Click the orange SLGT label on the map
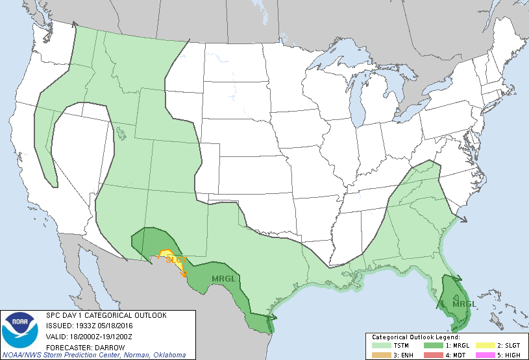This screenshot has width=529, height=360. pyautogui.click(x=177, y=260)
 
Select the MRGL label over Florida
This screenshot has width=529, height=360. pyautogui.click(x=464, y=303)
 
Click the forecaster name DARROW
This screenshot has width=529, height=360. pyautogui.click(x=103, y=345)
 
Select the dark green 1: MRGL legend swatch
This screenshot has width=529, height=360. pyautogui.click(x=433, y=345)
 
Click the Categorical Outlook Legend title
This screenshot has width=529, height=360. pyautogui.click(x=415, y=337)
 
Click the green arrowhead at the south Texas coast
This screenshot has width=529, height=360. pyautogui.click(x=274, y=318)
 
